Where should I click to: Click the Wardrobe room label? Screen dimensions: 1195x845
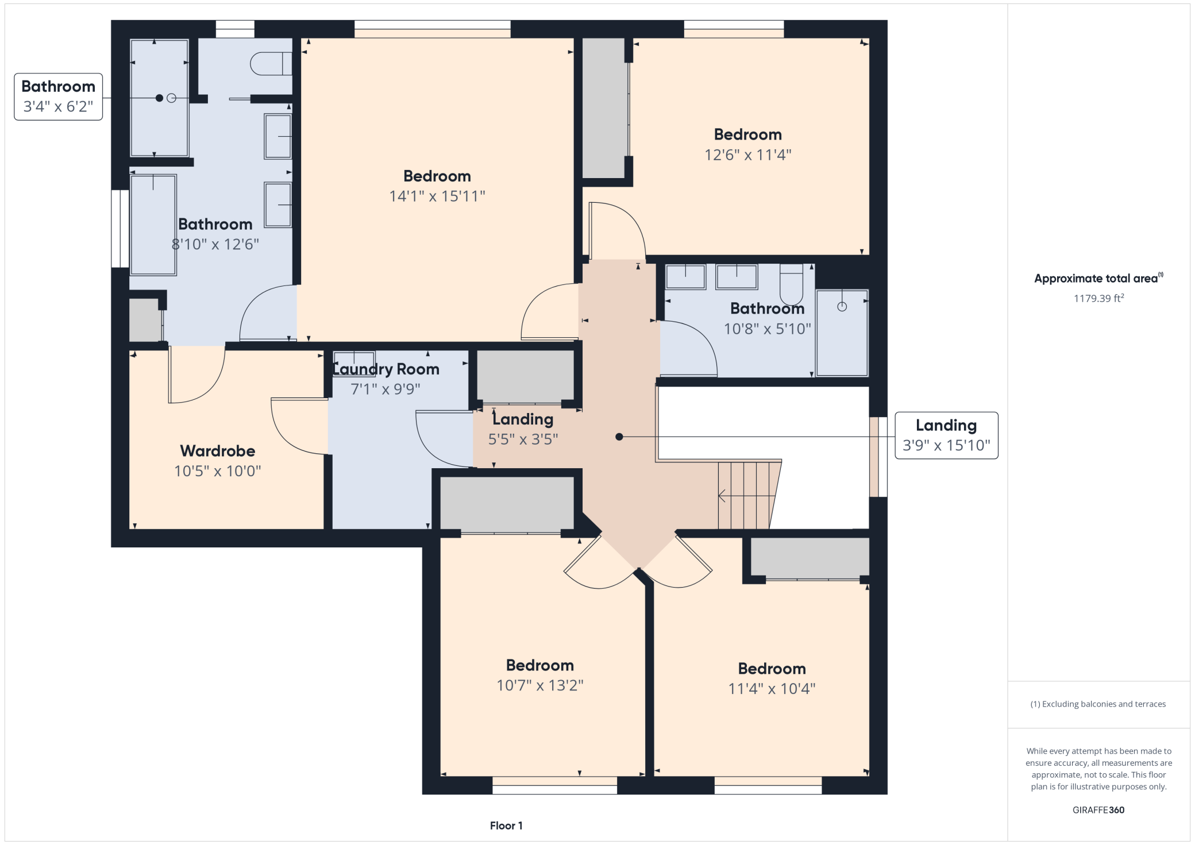[217, 451]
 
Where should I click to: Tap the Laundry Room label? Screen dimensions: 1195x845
[386, 369]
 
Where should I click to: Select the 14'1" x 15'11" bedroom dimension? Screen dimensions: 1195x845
[437, 196]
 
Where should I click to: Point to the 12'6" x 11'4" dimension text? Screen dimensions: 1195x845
[748, 155]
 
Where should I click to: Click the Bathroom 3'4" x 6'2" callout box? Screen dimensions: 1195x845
[59, 97]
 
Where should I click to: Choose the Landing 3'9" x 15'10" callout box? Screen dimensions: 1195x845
[946, 435]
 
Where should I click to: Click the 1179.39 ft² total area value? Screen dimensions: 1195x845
[1098, 298]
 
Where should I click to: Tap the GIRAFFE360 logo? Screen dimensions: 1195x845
[1098, 810]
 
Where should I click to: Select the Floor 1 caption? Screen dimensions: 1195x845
[506, 825]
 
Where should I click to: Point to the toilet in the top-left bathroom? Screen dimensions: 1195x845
[271, 64]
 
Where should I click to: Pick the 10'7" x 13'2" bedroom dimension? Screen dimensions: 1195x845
[540, 685]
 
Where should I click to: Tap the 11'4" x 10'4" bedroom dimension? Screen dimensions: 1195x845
[772, 689]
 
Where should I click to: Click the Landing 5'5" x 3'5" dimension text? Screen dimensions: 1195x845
[523, 439]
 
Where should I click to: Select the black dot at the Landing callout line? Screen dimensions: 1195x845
[619, 437]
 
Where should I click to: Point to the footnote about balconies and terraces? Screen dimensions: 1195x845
[1098, 704]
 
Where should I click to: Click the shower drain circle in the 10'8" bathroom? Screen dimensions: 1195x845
[842, 307]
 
